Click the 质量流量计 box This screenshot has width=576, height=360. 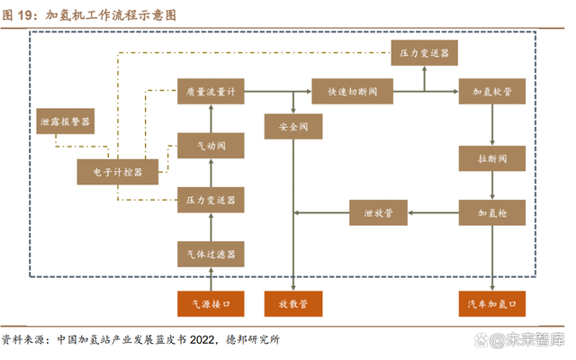[x=211, y=91]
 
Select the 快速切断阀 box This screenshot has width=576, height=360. [x=346, y=91]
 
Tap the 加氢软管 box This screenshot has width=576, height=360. [x=492, y=91]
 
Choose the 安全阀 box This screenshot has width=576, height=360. [x=293, y=126]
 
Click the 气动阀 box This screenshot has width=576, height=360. [x=211, y=144]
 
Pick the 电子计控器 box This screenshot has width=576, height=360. [x=117, y=171]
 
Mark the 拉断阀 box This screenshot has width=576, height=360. [x=492, y=158]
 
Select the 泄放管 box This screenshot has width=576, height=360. [x=379, y=212]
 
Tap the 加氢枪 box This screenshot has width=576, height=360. [x=492, y=212]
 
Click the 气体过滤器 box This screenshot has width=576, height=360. [x=211, y=254]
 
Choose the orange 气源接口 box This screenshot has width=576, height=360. [x=211, y=304]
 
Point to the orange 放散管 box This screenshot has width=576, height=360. [x=293, y=304]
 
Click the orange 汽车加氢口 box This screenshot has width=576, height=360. [x=492, y=304]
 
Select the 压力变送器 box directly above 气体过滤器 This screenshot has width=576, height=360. [x=211, y=199]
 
